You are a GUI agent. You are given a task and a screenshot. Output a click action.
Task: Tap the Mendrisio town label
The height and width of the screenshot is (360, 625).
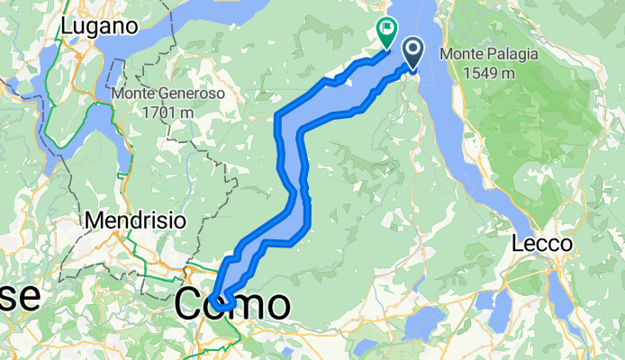tap(135, 220)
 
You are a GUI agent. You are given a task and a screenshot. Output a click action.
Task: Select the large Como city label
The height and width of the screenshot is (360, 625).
tap(232, 305)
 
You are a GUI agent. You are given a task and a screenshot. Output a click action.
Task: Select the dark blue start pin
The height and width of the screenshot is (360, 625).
tap(413, 53)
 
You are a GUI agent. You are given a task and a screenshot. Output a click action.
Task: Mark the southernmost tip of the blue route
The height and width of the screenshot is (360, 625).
tap(222, 310)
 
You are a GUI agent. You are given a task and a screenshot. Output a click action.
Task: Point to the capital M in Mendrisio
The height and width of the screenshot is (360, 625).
tap(91, 220)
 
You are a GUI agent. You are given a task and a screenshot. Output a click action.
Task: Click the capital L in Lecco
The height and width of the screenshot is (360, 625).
tap(518, 244)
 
